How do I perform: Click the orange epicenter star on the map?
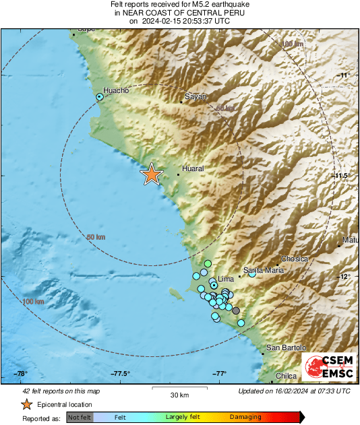pyautogui.click(x=152, y=174)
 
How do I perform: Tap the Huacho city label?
pyautogui.click(x=115, y=90)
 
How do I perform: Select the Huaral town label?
pyautogui.click(x=193, y=168)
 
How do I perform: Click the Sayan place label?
pyautogui.click(x=195, y=97)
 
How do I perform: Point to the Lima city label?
pyautogui.click(x=225, y=278)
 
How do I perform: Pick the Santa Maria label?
pyautogui.click(x=264, y=270)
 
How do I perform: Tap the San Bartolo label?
pyautogui.click(x=286, y=348)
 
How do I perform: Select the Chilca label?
pyautogui.click(x=287, y=377)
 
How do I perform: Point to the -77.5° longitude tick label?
pyautogui.click(x=121, y=374)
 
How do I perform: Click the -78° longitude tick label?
pyautogui.click(x=21, y=374)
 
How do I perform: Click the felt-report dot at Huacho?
pyautogui.click(x=100, y=98)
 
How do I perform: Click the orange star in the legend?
pyautogui.click(x=26, y=404)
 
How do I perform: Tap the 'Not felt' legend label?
pyautogui.click(x=79, y=417)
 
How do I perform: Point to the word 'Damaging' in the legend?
pyautogui.click(x=245, y=417)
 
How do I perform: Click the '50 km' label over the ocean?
pyautogui.click(x=96, y=237)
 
